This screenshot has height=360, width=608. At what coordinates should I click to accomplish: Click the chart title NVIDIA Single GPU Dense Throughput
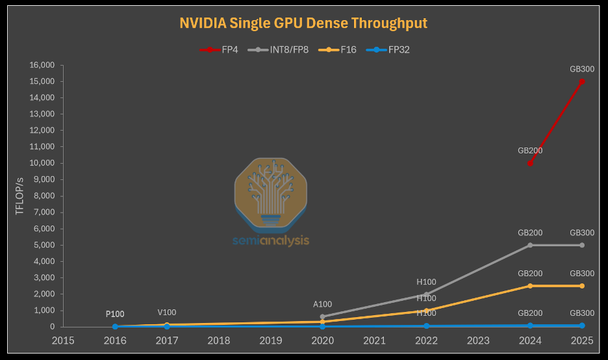303,23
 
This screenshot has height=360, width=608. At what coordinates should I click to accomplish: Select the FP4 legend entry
222,49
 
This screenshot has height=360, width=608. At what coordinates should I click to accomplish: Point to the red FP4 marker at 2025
581,81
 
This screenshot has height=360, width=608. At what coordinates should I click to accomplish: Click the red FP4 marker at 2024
530,163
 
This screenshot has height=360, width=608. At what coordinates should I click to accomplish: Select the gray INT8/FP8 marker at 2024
530,245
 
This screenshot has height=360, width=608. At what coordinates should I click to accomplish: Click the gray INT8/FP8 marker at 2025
581,245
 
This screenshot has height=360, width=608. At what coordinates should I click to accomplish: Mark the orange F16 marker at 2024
530,286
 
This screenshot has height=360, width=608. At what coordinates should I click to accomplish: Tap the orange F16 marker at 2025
581,286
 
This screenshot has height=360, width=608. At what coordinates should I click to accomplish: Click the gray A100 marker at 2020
323,316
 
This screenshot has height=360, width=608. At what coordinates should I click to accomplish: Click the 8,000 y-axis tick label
44,196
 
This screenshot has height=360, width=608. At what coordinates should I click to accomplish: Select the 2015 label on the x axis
63,340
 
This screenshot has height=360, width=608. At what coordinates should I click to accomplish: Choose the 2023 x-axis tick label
478,340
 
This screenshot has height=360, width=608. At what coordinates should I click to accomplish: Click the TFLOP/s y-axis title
20,196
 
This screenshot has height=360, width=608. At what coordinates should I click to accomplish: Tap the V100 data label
167,313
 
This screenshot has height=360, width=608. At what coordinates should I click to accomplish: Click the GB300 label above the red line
581,69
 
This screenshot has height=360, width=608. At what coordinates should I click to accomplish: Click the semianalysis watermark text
271,240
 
